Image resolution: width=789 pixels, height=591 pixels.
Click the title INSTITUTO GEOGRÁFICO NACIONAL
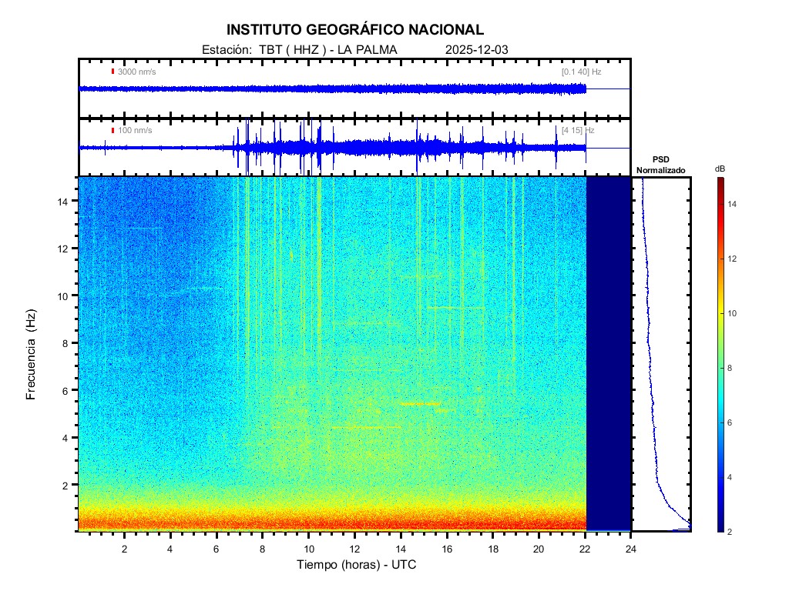[355, 30]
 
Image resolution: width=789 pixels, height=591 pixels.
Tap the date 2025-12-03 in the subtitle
[476, 50]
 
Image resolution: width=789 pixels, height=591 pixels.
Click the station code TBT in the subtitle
[270, 50]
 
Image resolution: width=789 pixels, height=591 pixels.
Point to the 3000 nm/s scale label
[136, 72]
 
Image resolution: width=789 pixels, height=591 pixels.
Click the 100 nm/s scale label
[135, 131]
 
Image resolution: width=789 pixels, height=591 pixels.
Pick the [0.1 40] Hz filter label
[581, 72]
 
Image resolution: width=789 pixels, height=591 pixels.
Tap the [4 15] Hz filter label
[578, 131]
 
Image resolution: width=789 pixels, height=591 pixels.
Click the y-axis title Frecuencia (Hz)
[32, 354]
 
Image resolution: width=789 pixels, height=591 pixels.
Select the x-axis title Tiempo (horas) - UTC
[357, 565]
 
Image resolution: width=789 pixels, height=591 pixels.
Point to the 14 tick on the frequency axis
[66, 201]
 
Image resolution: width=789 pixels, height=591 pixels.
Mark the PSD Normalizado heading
[660, 165]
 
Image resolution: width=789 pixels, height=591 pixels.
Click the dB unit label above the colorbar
[719, 168]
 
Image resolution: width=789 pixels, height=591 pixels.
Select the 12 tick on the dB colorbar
[734, 259]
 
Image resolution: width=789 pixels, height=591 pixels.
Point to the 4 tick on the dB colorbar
[732, 477]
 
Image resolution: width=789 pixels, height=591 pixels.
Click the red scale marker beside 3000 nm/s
[112, 72]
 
